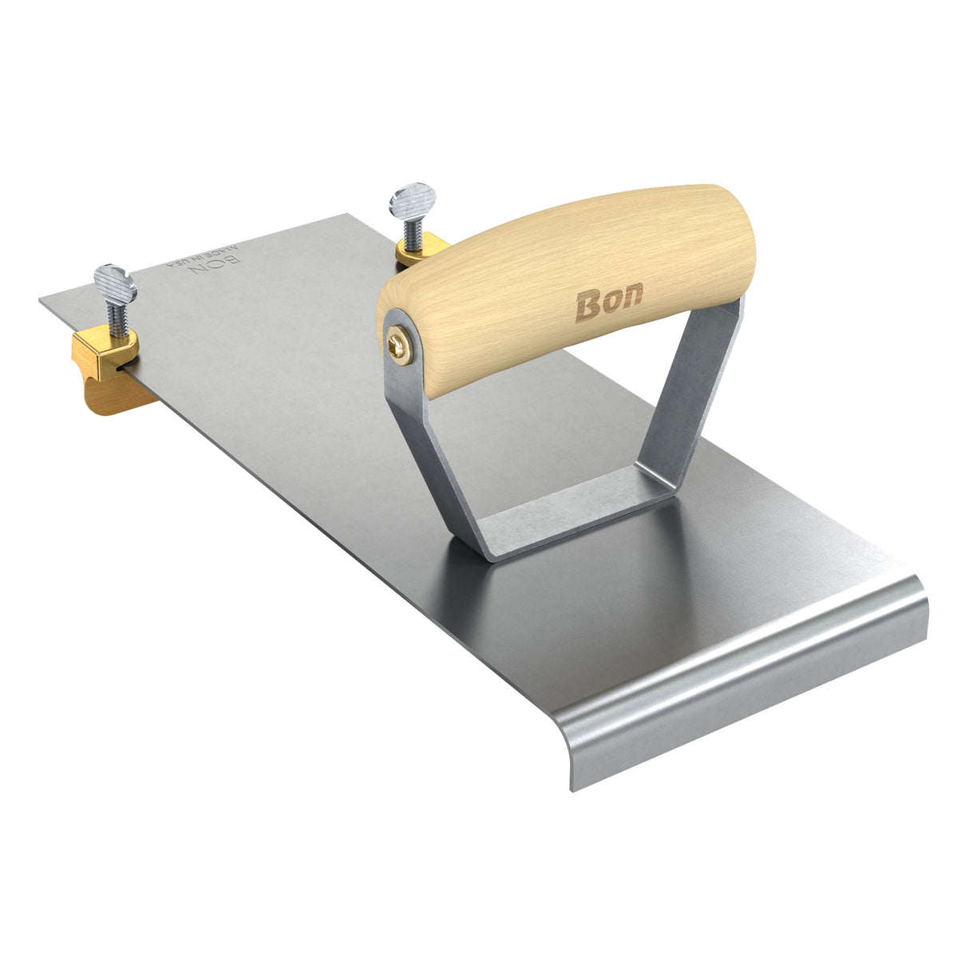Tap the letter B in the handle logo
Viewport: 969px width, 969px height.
pyautogui.click(x=587, y=308)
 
